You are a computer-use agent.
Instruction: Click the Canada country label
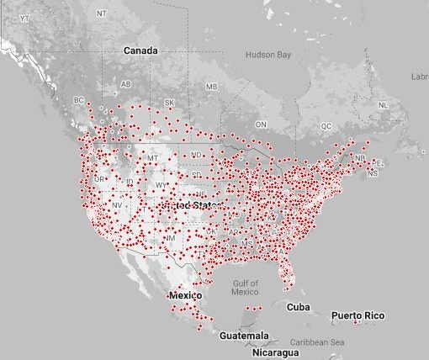pos(140,50)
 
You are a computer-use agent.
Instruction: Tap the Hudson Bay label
pos(267,55)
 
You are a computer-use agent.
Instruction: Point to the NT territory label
pos(102,14)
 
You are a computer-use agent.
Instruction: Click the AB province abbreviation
pos(126,85)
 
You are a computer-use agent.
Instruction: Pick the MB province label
pos(211,87)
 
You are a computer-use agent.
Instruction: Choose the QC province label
pos(326,126)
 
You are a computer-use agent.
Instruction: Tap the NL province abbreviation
pos(383,105)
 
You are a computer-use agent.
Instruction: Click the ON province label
pos(261,124)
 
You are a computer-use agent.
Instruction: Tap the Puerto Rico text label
pos(357,315)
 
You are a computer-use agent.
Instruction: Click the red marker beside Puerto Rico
pos(355,322)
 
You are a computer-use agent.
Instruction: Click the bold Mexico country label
pos(185,296)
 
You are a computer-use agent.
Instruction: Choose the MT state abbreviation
pos(152,158)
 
